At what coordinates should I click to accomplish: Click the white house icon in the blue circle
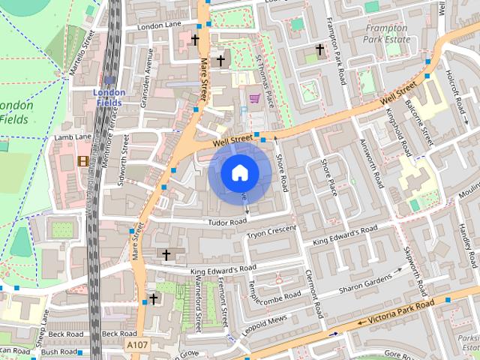pyautogui.click(x=239, y=172)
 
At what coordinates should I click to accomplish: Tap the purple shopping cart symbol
pyautogui.click(x=254, y=97)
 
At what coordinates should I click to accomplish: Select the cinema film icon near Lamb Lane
pyautogui.click(x=82, y=160)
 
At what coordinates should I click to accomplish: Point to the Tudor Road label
pyautogui.click(x=228, y=222)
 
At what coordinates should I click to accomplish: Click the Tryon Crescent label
pyautogui.click(x=271, y=232)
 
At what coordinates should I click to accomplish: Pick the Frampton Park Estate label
pyautogui.click(x=385, y=33)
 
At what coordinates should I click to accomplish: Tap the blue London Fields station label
pyautogui.click(x=109, y=97)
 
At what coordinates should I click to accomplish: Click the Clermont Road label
pyautogui.click(x=314, y=292)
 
